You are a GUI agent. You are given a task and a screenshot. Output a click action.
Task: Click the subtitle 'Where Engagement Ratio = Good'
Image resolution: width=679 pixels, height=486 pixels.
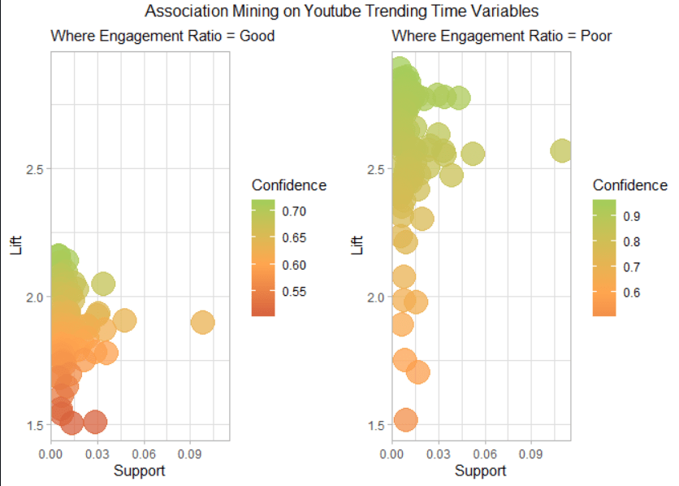[162, 36]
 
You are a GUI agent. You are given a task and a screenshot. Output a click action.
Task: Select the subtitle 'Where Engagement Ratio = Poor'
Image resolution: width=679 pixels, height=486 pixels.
[501, 36]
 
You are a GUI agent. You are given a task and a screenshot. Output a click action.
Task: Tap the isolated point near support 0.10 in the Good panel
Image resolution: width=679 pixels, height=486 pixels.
[202, 323]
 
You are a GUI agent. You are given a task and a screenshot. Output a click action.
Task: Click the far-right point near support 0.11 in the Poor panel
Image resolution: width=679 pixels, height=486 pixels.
[561, 150]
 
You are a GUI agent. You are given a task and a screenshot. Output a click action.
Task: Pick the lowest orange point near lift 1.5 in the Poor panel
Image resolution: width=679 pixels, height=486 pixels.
[405, 420]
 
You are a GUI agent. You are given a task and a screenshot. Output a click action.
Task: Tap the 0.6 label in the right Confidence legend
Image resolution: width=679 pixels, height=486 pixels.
[631, 293]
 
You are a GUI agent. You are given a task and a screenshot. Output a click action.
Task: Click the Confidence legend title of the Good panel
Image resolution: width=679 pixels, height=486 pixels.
[289, 185]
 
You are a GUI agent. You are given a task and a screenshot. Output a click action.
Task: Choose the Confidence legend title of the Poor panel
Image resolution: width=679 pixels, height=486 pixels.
[630, 185]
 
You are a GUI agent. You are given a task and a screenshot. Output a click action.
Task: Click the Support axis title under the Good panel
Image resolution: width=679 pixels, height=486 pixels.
[140, 471]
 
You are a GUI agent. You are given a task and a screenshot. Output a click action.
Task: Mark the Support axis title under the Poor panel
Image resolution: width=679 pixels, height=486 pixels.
[481, 471]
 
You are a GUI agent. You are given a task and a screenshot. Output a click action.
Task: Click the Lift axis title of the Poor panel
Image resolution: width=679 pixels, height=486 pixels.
[357, 245]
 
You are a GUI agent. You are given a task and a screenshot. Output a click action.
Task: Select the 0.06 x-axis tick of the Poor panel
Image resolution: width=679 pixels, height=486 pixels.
[485, 453]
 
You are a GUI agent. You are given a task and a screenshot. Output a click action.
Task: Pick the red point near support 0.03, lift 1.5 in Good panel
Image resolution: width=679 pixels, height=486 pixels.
[95, 422]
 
